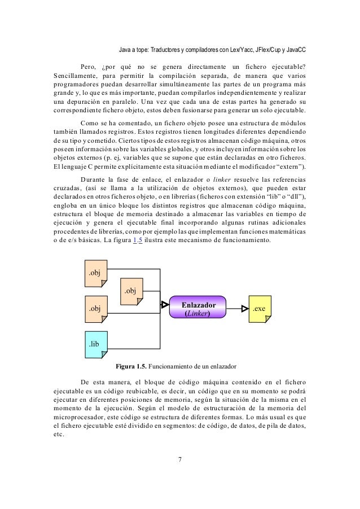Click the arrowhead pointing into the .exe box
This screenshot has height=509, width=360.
[x=244, y=308]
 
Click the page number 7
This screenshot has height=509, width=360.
[x=179, y=459]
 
